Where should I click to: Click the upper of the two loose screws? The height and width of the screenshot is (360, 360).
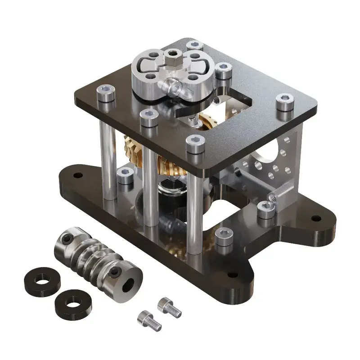click(x=170, y=307)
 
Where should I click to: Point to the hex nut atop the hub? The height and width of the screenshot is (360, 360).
click(x=171, y=55)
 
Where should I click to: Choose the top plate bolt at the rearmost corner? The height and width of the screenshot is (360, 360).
click(x=194, y=45)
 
